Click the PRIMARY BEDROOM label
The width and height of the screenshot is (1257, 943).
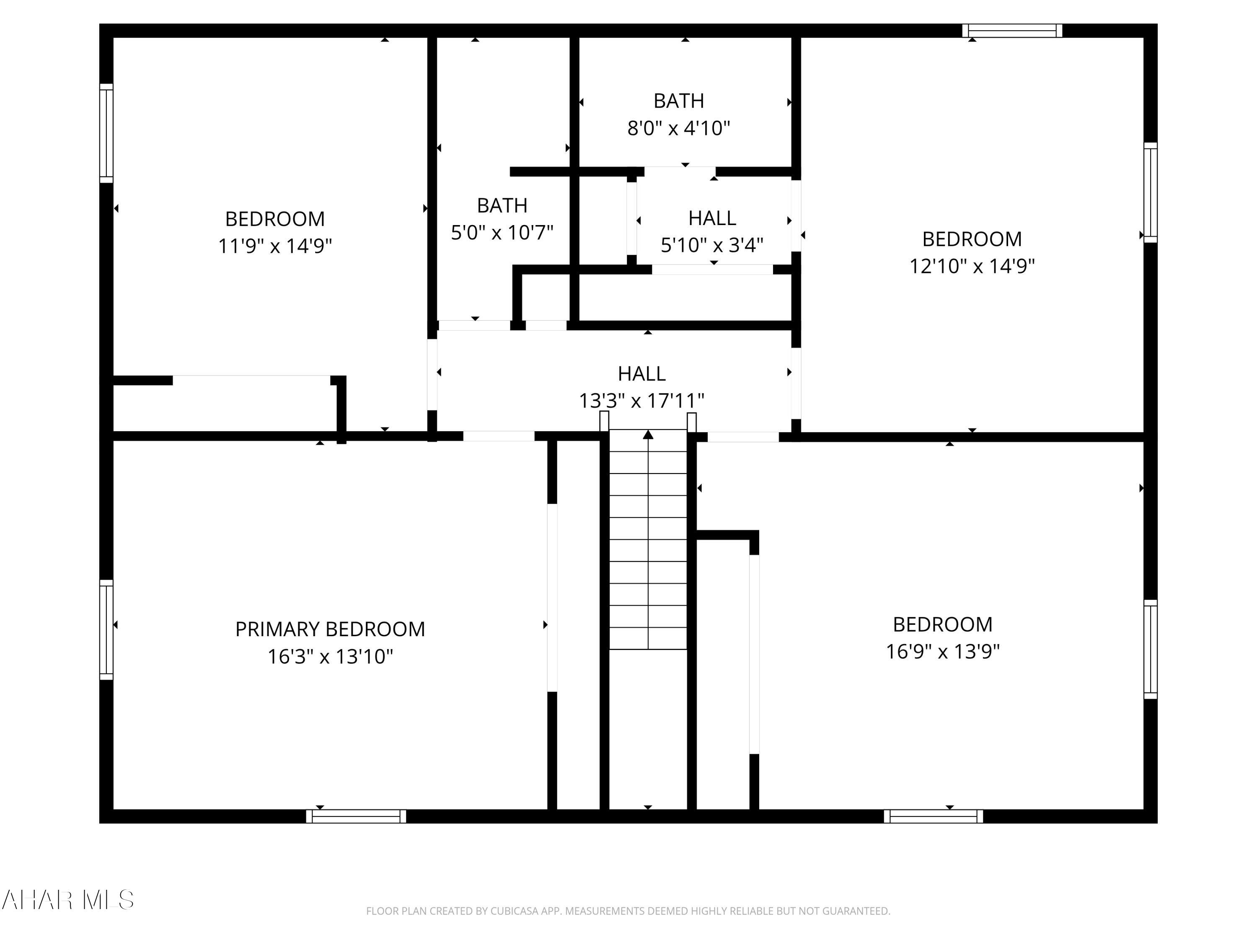coord(330,629)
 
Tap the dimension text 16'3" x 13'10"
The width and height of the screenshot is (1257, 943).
coord(330,656)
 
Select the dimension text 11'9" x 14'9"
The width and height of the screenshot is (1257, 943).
coord(275,246)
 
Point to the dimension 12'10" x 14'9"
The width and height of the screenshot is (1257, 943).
coord(972,266)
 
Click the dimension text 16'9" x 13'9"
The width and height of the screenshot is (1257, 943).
coord(943,651)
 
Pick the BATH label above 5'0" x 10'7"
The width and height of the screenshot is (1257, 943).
coord(502,205)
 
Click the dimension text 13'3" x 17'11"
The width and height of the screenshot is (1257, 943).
coord(641,401)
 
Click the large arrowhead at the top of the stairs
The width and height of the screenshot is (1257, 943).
coord(648,435)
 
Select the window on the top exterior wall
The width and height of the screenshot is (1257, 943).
coord(1012,31)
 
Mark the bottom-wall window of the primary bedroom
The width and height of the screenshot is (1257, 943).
coord(356,816)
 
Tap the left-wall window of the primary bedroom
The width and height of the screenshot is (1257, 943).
coord(106,630)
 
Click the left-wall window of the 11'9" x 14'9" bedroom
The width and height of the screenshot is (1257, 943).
coord(106,134)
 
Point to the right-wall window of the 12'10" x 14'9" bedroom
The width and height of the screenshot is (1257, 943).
coord(1150,193)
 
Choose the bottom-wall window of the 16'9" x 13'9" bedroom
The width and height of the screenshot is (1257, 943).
coord(933,816)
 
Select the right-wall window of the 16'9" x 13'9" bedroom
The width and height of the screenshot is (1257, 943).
coord(1150,649)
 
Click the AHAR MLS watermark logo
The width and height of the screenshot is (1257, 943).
coord(67,900)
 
